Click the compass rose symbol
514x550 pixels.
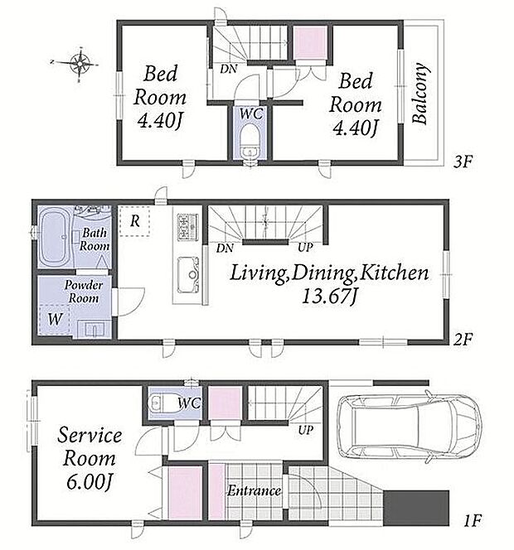80,64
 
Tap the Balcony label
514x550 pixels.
421,94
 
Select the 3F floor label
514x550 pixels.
463,162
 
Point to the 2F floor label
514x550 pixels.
463,339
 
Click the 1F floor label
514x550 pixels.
473,520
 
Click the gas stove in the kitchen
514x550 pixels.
187,227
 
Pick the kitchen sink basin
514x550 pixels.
188,275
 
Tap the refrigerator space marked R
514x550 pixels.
134,221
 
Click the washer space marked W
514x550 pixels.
55,320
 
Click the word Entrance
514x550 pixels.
254,490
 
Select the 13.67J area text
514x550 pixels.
329,297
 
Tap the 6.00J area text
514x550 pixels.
90,481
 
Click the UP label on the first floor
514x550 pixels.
305,430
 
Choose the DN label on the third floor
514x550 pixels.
229,69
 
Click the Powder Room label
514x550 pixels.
84,292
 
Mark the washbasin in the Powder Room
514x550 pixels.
95,329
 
